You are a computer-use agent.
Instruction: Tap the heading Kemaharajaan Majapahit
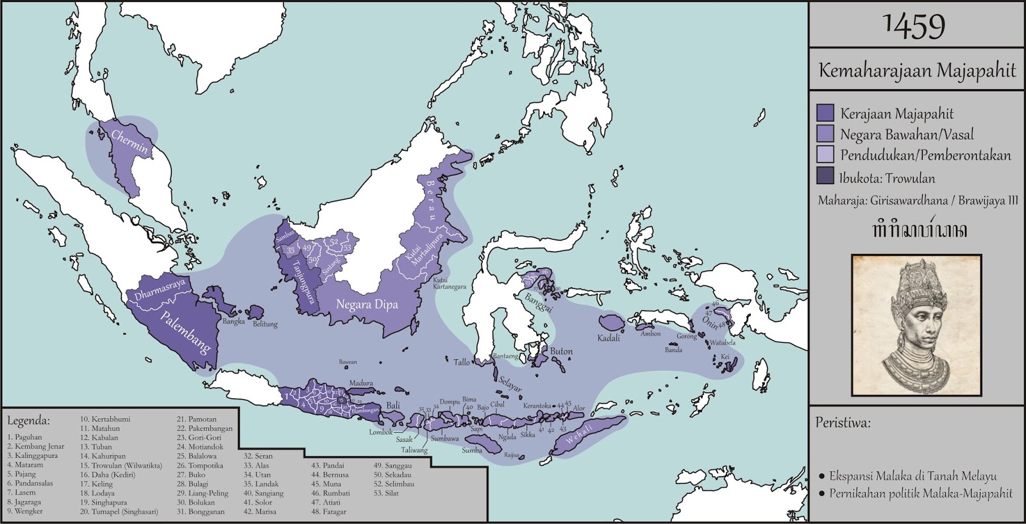(x=917, y=70)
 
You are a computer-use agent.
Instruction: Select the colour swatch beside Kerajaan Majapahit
(x=825, y=114)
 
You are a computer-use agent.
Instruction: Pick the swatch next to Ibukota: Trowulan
(x=825, y=178)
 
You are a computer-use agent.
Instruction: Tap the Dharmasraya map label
(x=160, y=289)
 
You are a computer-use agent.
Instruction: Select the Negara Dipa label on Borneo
(x=367, y=304)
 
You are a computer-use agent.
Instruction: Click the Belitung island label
(x=265, y=325)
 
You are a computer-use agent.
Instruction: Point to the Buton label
(x=561, y=351)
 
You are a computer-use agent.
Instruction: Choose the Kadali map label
(x=609, y=338)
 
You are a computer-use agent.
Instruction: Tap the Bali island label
(x=392, y=406)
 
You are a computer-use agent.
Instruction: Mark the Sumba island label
(x=471, y=450)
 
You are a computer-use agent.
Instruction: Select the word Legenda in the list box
(x=28, y=421)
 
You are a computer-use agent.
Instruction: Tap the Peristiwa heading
(x=843, y=423)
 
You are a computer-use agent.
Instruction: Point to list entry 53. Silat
(x=386, y=493)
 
